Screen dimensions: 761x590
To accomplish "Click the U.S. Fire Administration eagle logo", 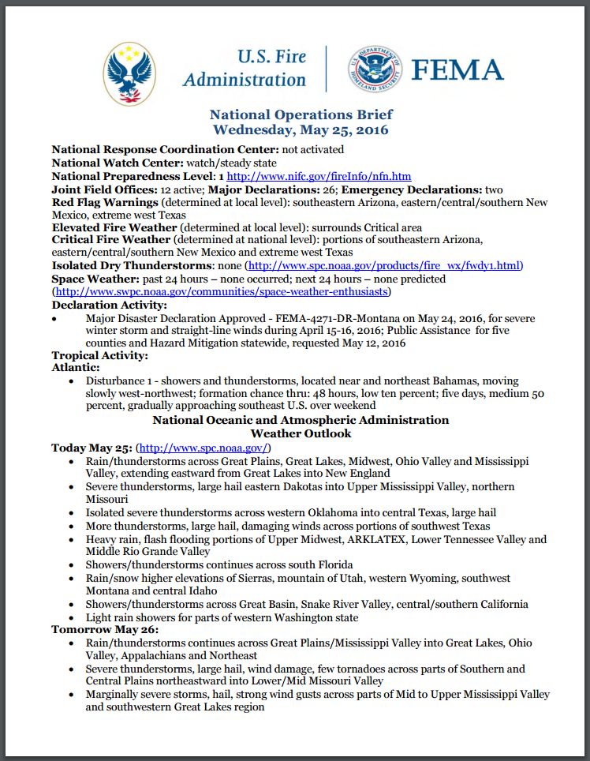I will tap(130, 73).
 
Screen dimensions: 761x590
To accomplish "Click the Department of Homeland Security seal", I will tap(375, 71).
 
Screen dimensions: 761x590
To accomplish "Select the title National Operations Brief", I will tap(301, 115).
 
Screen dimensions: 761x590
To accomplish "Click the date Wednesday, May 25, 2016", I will tap(301, 130).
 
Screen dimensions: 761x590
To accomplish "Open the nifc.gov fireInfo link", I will tap(319, 176).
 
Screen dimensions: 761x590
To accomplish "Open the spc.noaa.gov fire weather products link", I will tap(383, 265).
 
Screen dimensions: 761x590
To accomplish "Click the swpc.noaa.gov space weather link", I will tap(221, 291).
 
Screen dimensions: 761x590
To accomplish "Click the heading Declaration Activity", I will tap(109, 305).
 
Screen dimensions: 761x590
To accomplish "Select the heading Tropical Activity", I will tap(99, 355).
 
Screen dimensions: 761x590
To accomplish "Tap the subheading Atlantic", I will tap(76, 368).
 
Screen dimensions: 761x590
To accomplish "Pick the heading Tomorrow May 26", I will tap(105, 629).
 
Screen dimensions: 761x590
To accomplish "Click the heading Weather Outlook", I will tap(301, 433).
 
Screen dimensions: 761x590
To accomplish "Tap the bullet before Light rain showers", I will tap(73, 617).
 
